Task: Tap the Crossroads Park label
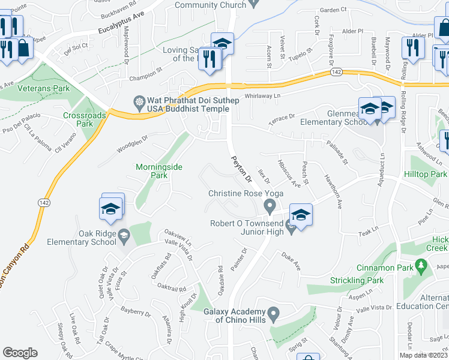79,119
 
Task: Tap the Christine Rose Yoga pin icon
270,207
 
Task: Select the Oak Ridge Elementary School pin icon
124,234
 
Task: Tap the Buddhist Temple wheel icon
140,101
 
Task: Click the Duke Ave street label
291,261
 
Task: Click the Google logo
20,353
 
